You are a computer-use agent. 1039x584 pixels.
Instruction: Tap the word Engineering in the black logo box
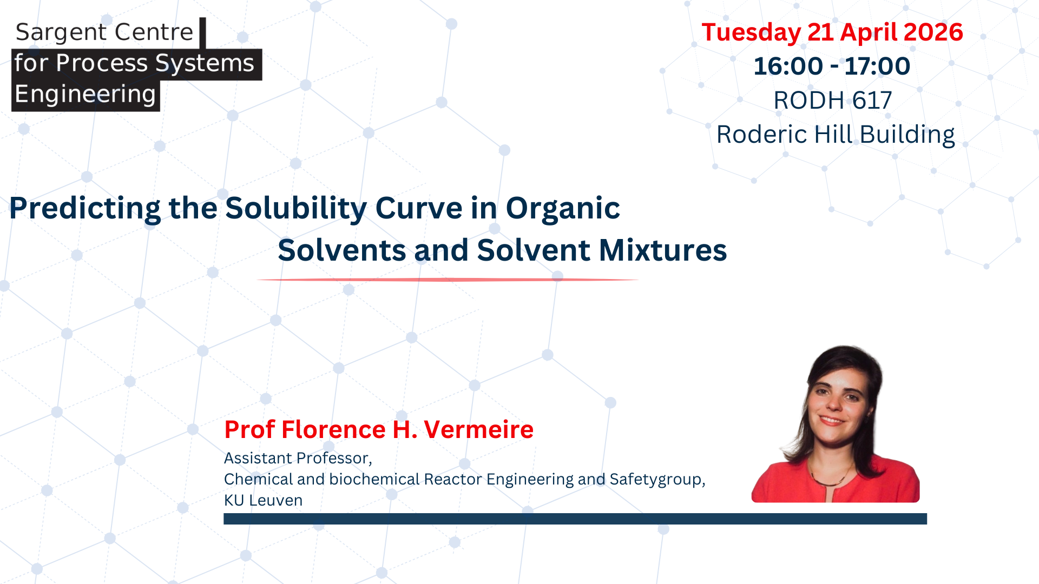pos(85,95)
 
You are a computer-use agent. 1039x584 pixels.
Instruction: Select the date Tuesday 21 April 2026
pos(832,32)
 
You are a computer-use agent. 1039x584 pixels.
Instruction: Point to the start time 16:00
pos(788,67)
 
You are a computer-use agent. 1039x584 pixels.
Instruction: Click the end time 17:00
pos(877,67)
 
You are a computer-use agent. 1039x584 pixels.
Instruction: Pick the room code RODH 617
pos(832,101)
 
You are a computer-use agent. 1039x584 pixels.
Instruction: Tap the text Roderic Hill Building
pos(836,135)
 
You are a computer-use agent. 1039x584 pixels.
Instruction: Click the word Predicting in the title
pos(85,209)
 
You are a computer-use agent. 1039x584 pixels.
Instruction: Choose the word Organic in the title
pos(563,209)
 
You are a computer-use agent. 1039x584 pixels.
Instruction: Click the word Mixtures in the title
pos(663,250)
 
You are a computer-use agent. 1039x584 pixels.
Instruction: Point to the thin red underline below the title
pos(448,280)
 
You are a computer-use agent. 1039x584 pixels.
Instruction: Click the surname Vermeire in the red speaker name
pos(479,430)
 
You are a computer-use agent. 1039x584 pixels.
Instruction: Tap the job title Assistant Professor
pos(297,459)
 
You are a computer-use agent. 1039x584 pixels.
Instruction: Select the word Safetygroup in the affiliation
pos(656,480)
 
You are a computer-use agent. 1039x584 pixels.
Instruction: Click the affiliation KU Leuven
pos(263,501)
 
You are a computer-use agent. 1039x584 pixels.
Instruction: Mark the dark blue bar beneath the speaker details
pos(575,519)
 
